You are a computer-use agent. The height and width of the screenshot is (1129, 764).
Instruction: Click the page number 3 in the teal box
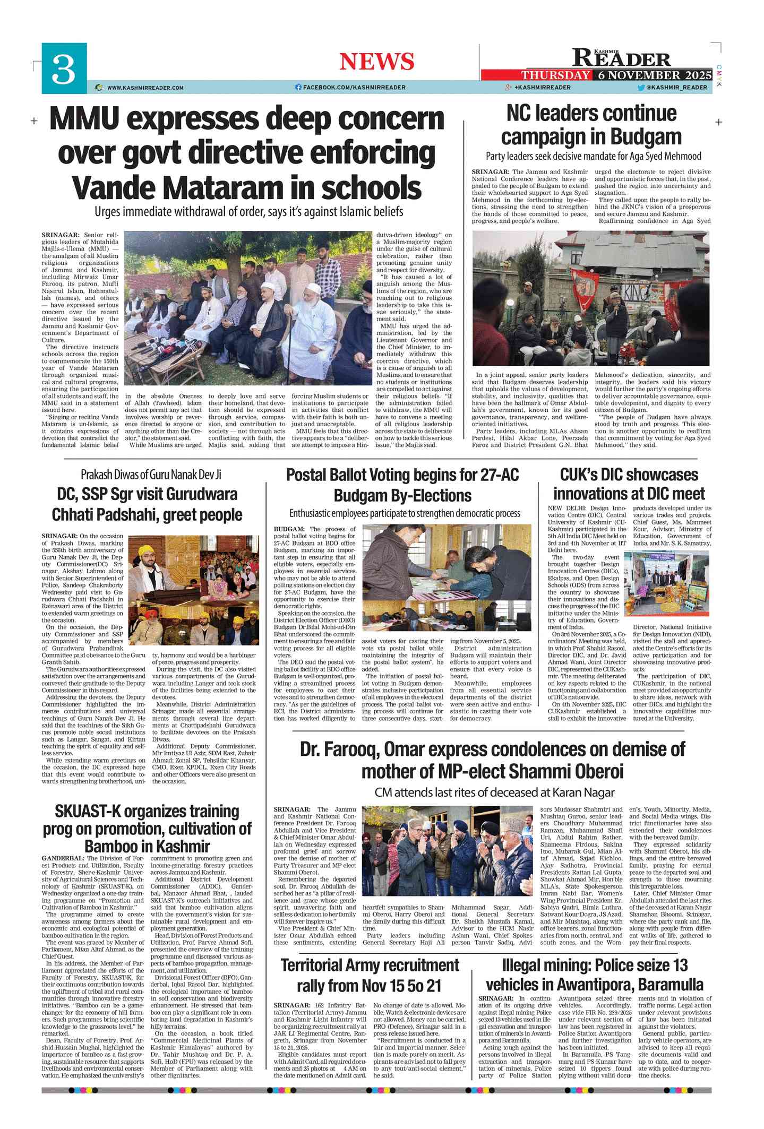click(64, 68)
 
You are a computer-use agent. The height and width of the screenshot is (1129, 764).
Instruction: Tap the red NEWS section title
click(376, 62)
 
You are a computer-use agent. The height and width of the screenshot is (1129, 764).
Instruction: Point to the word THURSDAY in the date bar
click(555, 75)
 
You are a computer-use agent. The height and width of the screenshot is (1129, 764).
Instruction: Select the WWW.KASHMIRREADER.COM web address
click(145, 88)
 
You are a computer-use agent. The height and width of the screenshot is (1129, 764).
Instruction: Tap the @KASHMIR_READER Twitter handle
click(676, 88)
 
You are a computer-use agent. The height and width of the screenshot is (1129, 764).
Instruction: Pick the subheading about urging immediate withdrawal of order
click(248, 211)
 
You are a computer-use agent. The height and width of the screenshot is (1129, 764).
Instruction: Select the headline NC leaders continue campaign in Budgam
click(591, 125)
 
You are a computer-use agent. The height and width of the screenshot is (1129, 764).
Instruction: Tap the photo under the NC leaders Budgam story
click(590, 298)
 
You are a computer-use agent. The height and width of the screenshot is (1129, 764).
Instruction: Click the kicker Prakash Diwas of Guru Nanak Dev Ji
click(151, 474)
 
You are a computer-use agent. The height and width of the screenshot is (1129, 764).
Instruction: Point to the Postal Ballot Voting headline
click(402, 485)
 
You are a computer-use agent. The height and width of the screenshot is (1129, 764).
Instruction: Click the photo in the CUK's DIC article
click(667, 583)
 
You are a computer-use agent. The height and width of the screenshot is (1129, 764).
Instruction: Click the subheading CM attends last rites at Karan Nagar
click(494, 792)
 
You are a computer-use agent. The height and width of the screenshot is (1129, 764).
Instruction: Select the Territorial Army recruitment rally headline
click(370, 975)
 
